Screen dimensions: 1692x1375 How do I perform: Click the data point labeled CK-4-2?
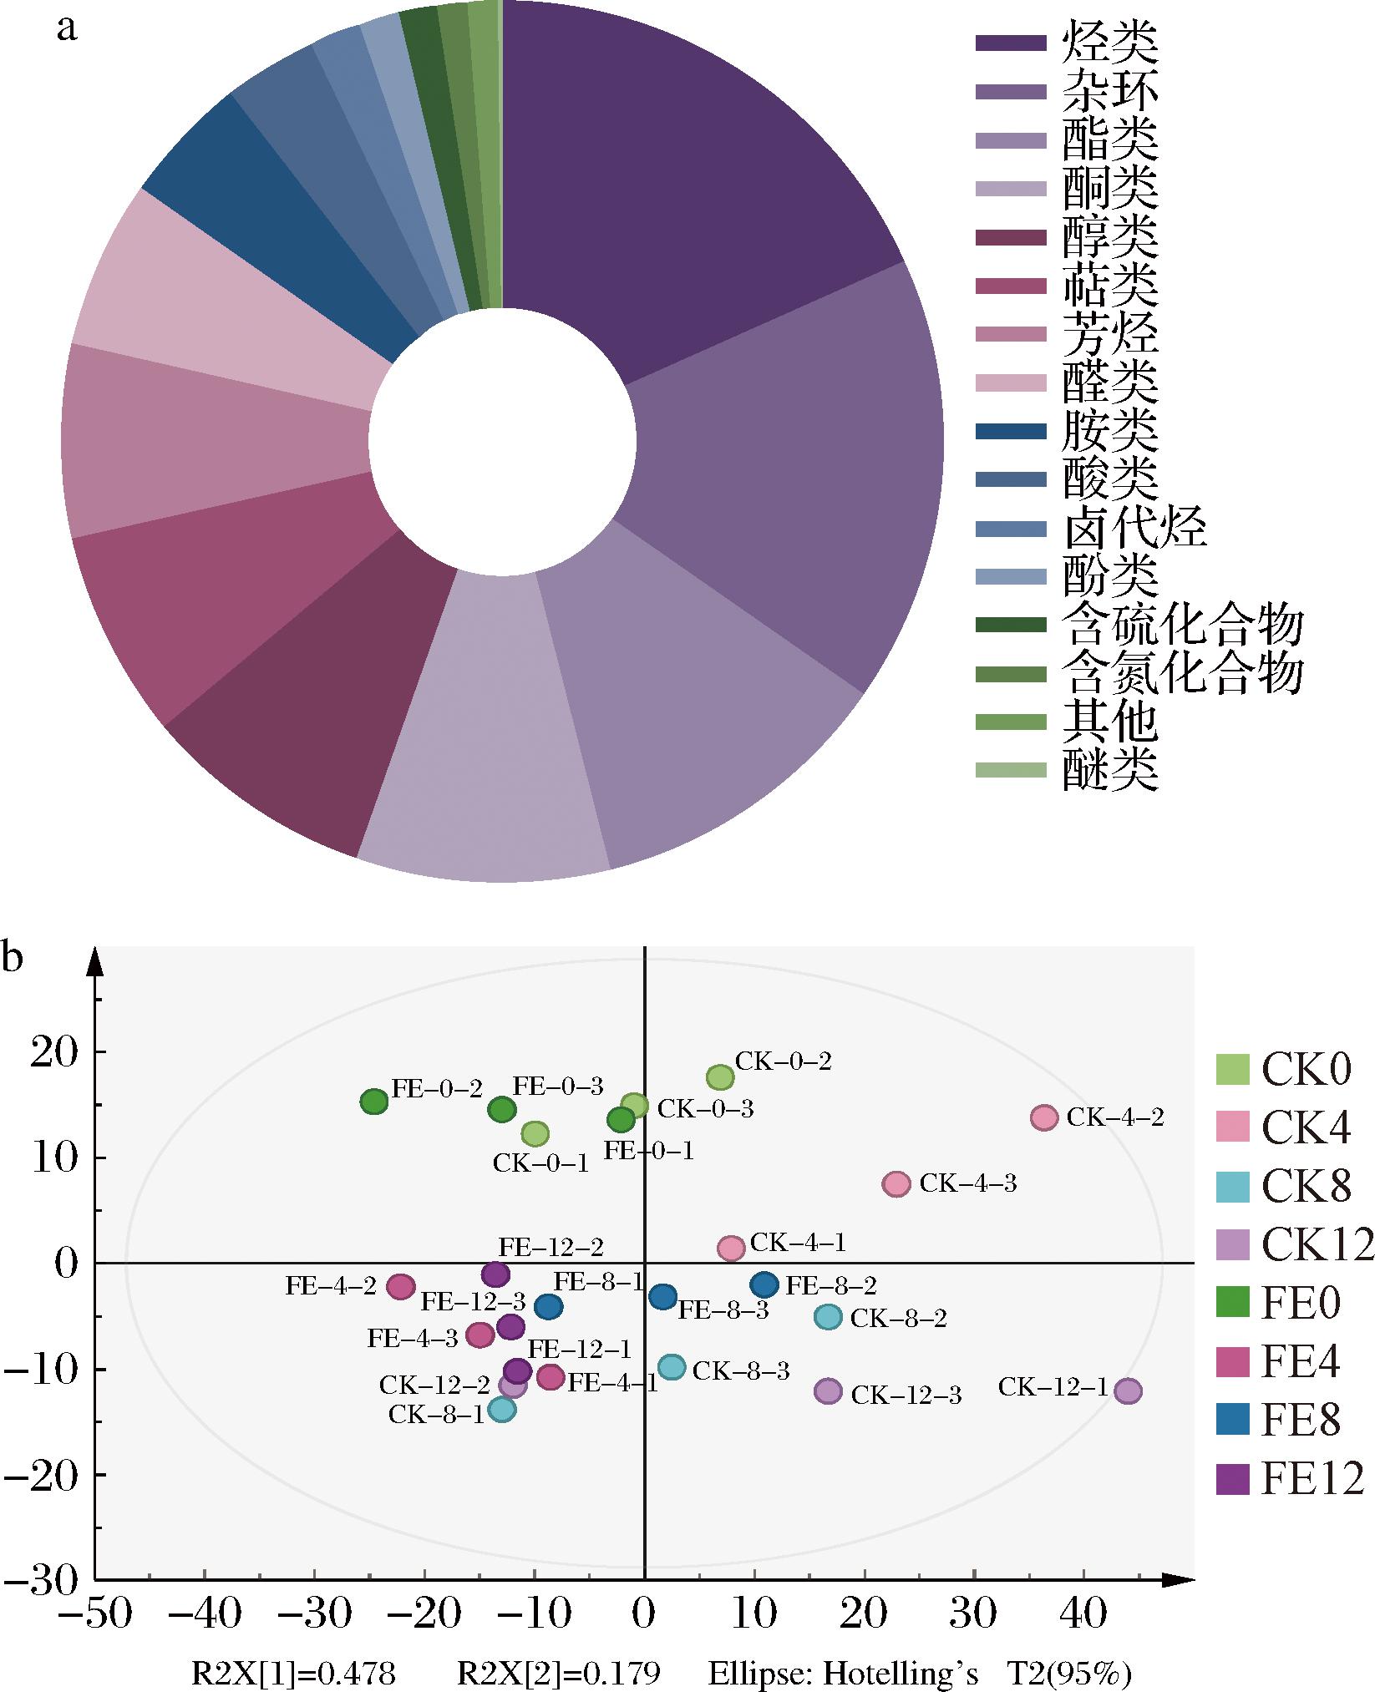pyautogui.click(x=1044, y=1117)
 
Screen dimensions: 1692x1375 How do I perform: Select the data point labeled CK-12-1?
pyautogui.click(x=1128, y=1391)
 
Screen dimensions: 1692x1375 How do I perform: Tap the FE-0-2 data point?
pyautogui.click(x=374, y=1102)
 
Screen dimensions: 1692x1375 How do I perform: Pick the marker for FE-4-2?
pyautogui.click(x=401, y=1287)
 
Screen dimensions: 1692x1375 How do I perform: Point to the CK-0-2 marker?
pyautogui.click(x=720, y=1077)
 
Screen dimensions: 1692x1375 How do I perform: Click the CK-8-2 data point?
pyautogui.click(x=828, y=1317)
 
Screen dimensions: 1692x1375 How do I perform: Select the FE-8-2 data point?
pyautogui.click(x=764, y=1284)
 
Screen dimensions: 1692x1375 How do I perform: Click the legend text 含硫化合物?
pyautogui.click(x=1183, y=625)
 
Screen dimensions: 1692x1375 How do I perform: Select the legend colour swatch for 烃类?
pyautogui.click(x=1011, y=43)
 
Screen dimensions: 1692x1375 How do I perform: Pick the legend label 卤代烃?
pyautogui.click(x=1134, y=529)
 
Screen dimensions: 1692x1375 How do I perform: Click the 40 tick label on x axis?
pyautogui.click(x=1084, y=1611)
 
